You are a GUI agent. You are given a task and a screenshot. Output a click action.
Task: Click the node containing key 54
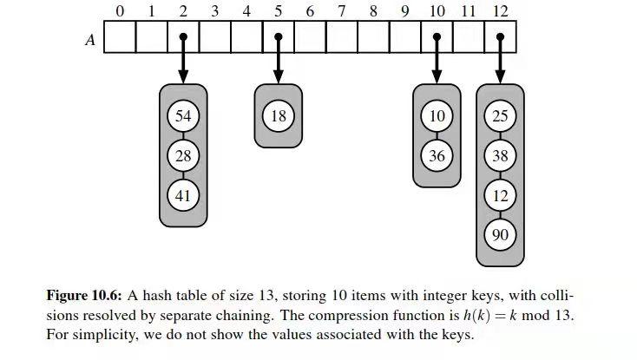(x=182, y=116)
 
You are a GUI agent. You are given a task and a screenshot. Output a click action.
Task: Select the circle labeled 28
(x=182, y=156)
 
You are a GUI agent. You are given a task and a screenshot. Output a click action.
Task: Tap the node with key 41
(x=182, y=196)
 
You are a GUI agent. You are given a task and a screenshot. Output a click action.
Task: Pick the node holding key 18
(x=279, y=116)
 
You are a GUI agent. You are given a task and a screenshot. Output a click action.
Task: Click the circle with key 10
(x=437, y=116)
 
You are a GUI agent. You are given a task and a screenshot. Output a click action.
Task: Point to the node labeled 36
(x=437, y=156)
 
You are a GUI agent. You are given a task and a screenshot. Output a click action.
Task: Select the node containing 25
(x=500, y=116)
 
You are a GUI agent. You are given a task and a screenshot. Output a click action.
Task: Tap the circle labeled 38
(x=500, y=156)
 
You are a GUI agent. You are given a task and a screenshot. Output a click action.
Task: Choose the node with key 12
(x=500, y=196)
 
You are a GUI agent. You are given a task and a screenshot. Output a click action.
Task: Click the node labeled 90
(x=500, y=235)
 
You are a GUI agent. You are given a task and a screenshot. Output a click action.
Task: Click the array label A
(x=89, y=39)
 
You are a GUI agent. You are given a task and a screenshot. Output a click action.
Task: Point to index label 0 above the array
(x=120, y=11)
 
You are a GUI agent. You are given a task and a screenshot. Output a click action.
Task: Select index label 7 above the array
(x=342, y=11)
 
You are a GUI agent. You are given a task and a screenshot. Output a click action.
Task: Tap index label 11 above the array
(x=469, y=11)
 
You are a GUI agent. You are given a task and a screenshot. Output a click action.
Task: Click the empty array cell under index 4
(x=246, y=37)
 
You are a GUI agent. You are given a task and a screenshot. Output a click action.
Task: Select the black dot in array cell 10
(x=437, y=37)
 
